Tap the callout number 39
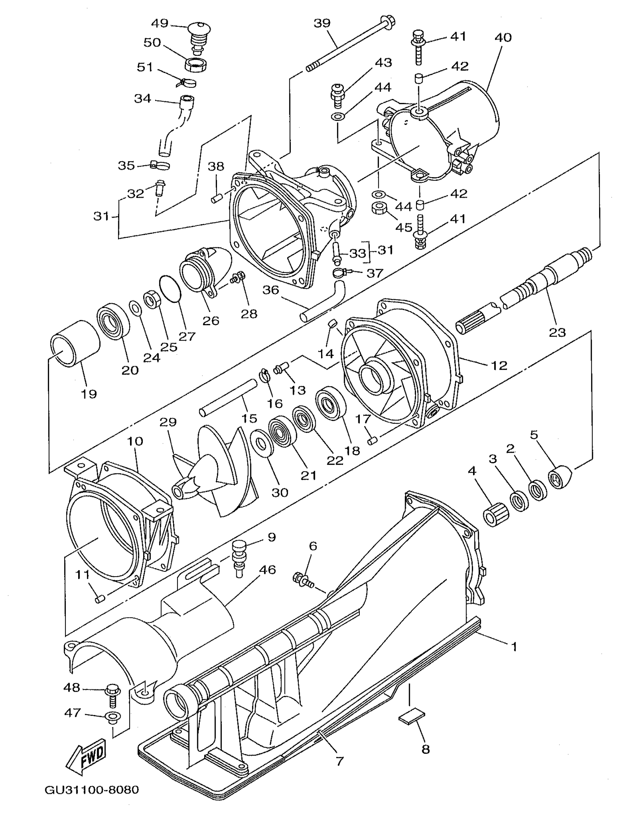(322, 23)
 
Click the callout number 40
(503, 37)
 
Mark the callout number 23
(557, 332)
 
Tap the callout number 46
(267, 570)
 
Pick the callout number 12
(499, 365)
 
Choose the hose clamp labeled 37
(341, 274)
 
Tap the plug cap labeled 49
(198, 31)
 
